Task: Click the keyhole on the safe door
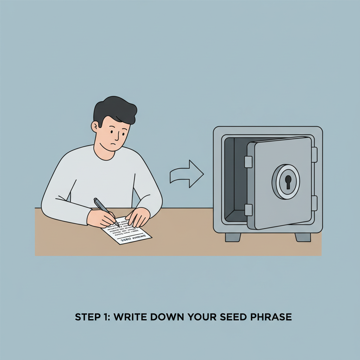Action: pos(288,182)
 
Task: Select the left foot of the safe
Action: pos(233,237)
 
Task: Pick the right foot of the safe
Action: pos(303,237)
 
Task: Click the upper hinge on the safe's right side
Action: pos(314,155)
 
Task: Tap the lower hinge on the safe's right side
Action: pos(314,203)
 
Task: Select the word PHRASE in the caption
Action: pos(269,317)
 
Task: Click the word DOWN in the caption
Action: pos(162,317)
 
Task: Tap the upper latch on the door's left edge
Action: pos(248,162)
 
